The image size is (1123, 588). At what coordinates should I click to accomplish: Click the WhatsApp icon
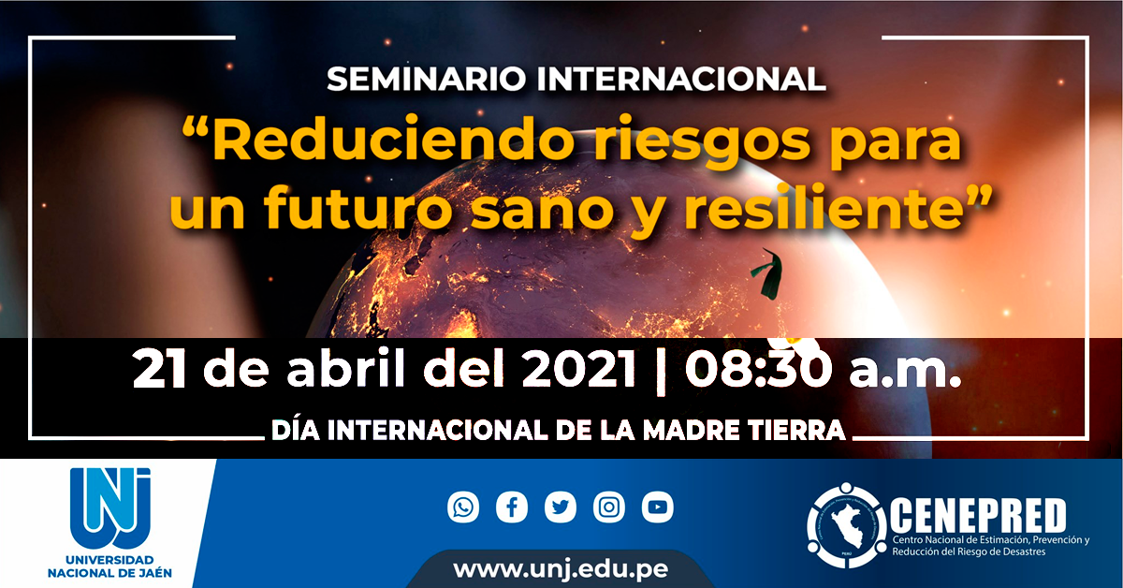point(463,507)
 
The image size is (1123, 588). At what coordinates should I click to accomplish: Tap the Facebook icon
point(512,507)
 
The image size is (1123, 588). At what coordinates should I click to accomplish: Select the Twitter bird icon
point(561,507)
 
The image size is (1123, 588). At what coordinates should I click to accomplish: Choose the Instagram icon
point(609,507)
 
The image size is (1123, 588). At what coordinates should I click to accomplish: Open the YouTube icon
point(657,507)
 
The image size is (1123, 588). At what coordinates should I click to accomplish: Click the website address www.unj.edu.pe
point(561,569)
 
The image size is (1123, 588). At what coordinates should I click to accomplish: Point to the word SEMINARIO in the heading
point(426,79)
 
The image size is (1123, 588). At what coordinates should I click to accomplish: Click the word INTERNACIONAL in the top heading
point(681,79)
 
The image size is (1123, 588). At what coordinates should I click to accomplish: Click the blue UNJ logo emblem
point(109,507)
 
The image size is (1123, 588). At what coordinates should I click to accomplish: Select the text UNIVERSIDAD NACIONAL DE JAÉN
point(109,566)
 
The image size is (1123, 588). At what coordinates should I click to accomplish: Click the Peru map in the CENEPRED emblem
point(846,527)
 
